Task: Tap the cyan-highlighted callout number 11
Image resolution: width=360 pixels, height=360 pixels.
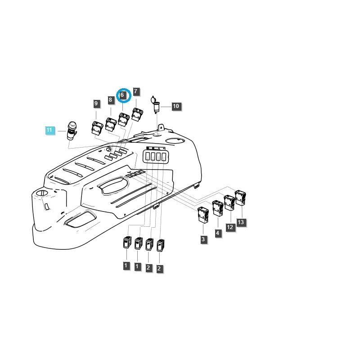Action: (49, 130)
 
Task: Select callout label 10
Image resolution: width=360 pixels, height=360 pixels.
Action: (176, 106)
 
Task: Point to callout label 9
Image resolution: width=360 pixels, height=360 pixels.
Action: (96, 104)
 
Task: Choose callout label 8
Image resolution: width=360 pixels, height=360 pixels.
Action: (110, 99)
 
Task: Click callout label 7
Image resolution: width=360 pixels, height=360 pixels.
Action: (136, 91)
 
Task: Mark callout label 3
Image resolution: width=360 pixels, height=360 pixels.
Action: (203, 239)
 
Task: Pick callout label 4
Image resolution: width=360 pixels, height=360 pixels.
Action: (218, 234)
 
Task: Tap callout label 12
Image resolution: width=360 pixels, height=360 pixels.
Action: (230, 227)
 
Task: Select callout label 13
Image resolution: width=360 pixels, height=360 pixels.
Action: (241, 222)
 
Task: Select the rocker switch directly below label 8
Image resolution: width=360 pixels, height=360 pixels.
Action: (111, 123)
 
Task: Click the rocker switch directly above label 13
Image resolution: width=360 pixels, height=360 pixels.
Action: (241, 198)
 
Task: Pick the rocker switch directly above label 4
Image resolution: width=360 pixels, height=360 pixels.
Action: (218, 209)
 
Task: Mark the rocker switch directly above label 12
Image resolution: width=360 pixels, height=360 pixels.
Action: (229, 203)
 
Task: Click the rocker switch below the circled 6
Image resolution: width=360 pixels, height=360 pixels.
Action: (124, 119)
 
